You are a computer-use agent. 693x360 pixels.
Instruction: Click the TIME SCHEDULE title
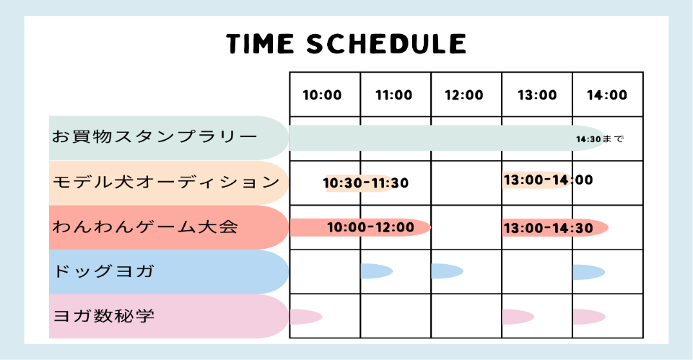tap(346, 44)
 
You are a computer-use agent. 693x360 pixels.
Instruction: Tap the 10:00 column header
tap(322, 95)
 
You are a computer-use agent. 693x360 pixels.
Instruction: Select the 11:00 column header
tap(393, 95)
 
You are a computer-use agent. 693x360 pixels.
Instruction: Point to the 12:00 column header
tap(464, 95)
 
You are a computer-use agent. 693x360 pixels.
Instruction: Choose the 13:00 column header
tap(536, 95)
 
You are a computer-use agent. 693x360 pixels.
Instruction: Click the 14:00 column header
tap(607, 95)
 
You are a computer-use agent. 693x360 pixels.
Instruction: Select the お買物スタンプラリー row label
tap(154, 136)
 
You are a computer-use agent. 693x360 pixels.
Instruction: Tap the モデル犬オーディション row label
tap(165, 182)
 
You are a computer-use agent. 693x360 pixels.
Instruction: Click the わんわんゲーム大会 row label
tap(144, 227)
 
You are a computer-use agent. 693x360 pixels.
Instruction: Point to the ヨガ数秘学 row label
tap(105, 316)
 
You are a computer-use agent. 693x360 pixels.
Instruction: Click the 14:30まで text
tap(600, 139)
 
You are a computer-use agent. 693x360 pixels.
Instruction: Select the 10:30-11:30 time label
tap(366, 183)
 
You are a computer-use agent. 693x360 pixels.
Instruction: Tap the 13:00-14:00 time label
tap(548, 180)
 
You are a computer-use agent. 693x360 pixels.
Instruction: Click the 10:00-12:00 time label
tap(370, 227)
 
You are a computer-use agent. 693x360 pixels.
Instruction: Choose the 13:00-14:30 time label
tap(548, 228)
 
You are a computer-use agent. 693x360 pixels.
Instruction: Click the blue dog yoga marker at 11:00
tap(375, 271)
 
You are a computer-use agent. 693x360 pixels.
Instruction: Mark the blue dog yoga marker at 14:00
tap(588, 272)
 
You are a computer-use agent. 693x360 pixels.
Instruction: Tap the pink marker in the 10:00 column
tap(304, 316)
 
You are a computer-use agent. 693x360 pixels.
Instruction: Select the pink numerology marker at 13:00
tap(517, 316)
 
